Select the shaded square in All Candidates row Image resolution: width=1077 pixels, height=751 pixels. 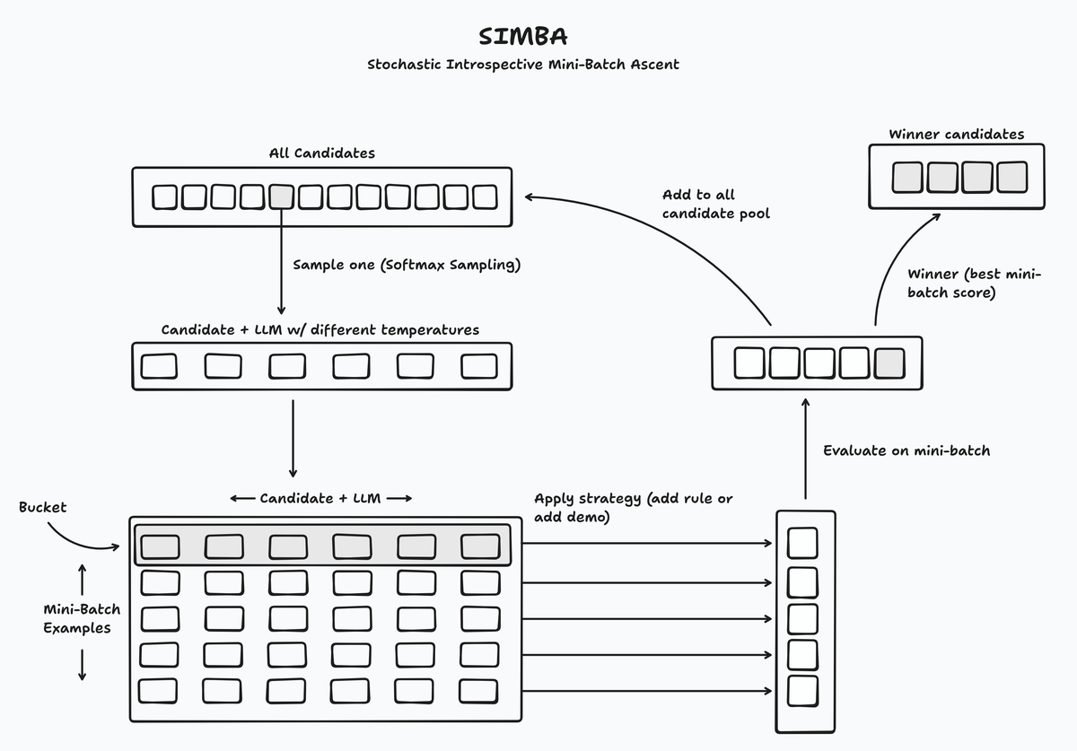coord(282,196)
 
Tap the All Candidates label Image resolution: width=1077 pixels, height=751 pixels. coord(321,153)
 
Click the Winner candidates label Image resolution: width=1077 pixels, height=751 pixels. coord(956,135)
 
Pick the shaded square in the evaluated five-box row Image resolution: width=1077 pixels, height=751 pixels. coord(889,362)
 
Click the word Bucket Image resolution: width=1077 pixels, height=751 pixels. coord(43,508)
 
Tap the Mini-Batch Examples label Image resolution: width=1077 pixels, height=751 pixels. coord(82,618)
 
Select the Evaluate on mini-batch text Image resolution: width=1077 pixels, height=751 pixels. coord(906,450)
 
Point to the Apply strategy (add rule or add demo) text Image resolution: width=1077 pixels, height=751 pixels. coord(633,508)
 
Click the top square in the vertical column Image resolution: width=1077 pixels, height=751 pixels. coord(802,544)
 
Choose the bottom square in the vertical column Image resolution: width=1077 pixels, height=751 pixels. coord(802,690)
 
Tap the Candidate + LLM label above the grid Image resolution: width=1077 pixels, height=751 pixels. coord(320,498)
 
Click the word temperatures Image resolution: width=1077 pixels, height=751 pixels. coord(430,330)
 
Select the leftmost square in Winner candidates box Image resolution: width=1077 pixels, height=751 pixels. coord(908,177)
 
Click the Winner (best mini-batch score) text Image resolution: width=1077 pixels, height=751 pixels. coord(974,283)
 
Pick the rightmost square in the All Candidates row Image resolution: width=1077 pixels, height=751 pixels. coord(485,196)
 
